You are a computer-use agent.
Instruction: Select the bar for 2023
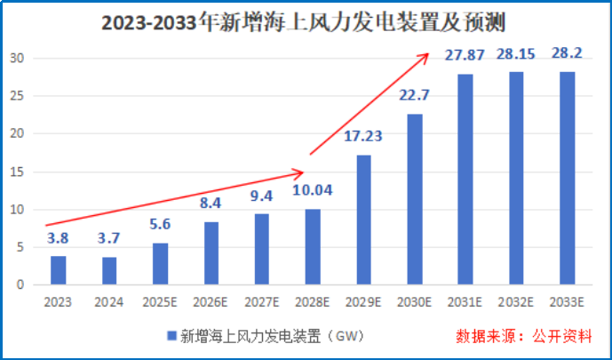tap(58, 270)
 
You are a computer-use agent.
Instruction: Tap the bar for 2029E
tap(364, 220)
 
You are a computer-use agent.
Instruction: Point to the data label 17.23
tap(364, 138)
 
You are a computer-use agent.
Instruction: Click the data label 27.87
tap(466, 57)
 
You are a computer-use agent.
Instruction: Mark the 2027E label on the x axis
tap(262, 302)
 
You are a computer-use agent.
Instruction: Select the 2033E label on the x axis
tap(568, 302)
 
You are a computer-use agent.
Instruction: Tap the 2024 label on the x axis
tap(108, 302)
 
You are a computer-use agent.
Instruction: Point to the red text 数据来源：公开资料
tap(523, 337)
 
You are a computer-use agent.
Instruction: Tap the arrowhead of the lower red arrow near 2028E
tap(301, 172)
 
